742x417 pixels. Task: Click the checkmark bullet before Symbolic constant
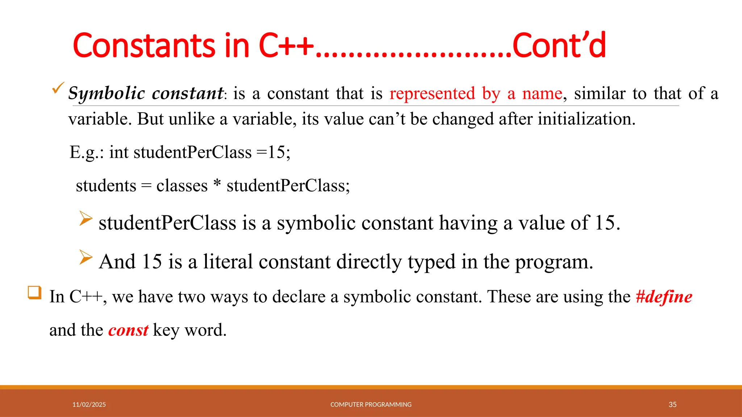point(58,88)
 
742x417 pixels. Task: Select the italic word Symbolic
point(107,93)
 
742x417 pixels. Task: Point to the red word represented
point(432,93)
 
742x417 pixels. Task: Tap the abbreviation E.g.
point(84,152)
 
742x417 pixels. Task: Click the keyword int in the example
point(119,152)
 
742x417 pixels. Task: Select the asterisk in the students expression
point(217,184)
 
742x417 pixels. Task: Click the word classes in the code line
point(182,186)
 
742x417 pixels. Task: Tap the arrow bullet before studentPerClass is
point(86,219)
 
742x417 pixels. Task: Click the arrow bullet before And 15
point(86,257)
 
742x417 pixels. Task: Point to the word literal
point(228,261)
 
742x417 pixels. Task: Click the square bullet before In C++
point(35,292)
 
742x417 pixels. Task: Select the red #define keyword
point(664,297)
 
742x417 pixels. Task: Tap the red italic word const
point(128,330)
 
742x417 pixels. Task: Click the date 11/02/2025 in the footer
point(89,404)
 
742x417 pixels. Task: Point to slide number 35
point(672,404)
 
